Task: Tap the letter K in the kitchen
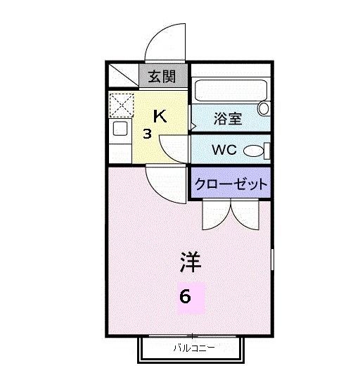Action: tap(160, 116)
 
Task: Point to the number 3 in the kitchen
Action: tap(148, 134)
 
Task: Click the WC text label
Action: tap(223, 150)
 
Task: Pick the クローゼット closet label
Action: tap(231, 185)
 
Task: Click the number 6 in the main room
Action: tap(185, 296)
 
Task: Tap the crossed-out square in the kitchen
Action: tap(122, 105)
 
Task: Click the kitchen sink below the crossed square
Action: tap(120, 129)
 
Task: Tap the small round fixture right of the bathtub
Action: tap(264, 109)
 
